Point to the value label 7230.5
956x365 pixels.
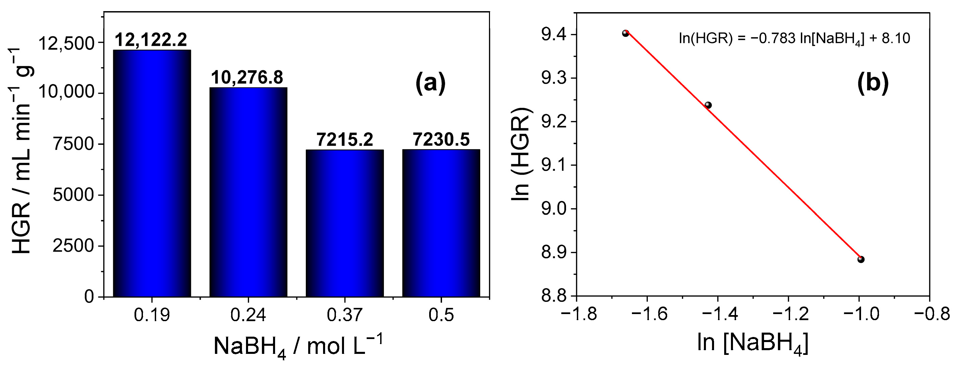[x=441, y=140]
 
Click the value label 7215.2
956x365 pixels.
[x=345, y=140]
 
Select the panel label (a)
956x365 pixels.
[x=430, y=84]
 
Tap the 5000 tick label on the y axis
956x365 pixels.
[x=73, y=195]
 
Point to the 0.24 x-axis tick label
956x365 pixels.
[x=248, y=316]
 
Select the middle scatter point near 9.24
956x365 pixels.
[x=708, y=105]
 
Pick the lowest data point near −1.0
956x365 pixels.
[x=861, y=259]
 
